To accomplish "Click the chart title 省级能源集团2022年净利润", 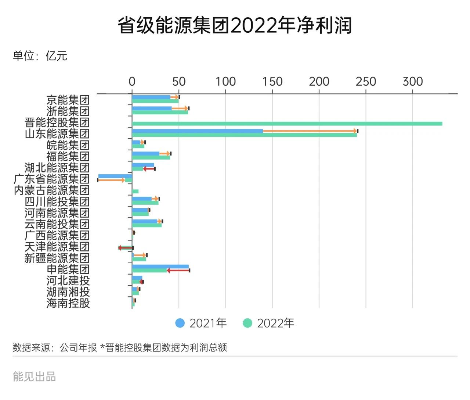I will click(235, 25).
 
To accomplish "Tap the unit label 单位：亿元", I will click(40, 56).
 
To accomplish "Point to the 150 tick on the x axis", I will click(272, 82).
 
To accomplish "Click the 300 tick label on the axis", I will click(413, 82).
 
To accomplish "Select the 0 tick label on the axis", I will click(132, 82).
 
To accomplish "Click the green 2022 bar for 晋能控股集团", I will click(287, 124).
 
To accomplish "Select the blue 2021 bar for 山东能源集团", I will click(197, 131).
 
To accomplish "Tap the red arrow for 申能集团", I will click(178, 271).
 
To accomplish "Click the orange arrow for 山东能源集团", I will click(310, 131).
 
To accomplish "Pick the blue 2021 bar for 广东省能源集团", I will click(115, 176).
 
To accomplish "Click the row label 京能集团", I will click(68, 100).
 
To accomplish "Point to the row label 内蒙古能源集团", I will click(52, 190).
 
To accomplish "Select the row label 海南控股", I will click(68, 303).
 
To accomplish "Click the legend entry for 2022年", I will click(269, 323).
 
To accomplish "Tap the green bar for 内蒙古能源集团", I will click(135, 192).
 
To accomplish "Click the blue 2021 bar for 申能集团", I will click(160, 267).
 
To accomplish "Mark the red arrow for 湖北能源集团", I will click(149, 169).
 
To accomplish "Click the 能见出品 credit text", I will click(34, 377).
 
